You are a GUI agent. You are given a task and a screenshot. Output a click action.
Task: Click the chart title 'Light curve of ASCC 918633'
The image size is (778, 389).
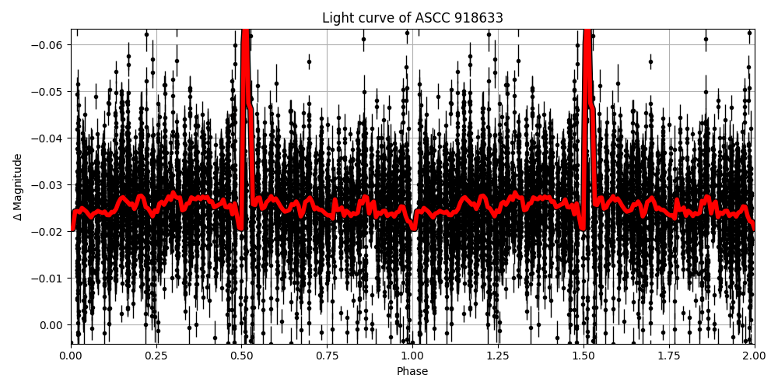tap(412, 18)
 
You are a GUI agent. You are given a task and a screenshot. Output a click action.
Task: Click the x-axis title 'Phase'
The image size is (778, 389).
tap(412, 372)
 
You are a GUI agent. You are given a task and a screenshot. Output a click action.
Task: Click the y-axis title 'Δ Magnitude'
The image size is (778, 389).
tap(17, 187)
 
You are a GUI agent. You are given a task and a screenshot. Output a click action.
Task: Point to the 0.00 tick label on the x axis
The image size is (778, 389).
tap(71, 356)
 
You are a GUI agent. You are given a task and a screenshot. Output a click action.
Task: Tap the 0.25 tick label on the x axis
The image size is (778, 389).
tap(156, 356)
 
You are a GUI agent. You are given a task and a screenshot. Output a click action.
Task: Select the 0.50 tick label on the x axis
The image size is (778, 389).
tap(242, 356)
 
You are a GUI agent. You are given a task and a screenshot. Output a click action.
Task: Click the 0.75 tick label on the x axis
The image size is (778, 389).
tap(327, 356)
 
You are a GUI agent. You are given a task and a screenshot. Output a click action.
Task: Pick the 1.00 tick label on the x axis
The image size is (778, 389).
tap(412, 356)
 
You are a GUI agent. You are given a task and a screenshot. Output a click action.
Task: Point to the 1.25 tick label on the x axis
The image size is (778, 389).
tap(498, 356)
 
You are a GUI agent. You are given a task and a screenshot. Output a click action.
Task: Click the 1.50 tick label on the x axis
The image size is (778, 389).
tap(583, 356)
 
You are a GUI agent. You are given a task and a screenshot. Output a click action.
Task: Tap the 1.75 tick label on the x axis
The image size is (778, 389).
tap(669, 356)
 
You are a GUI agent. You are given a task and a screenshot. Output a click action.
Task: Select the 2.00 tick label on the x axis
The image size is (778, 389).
tap(754, 356)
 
